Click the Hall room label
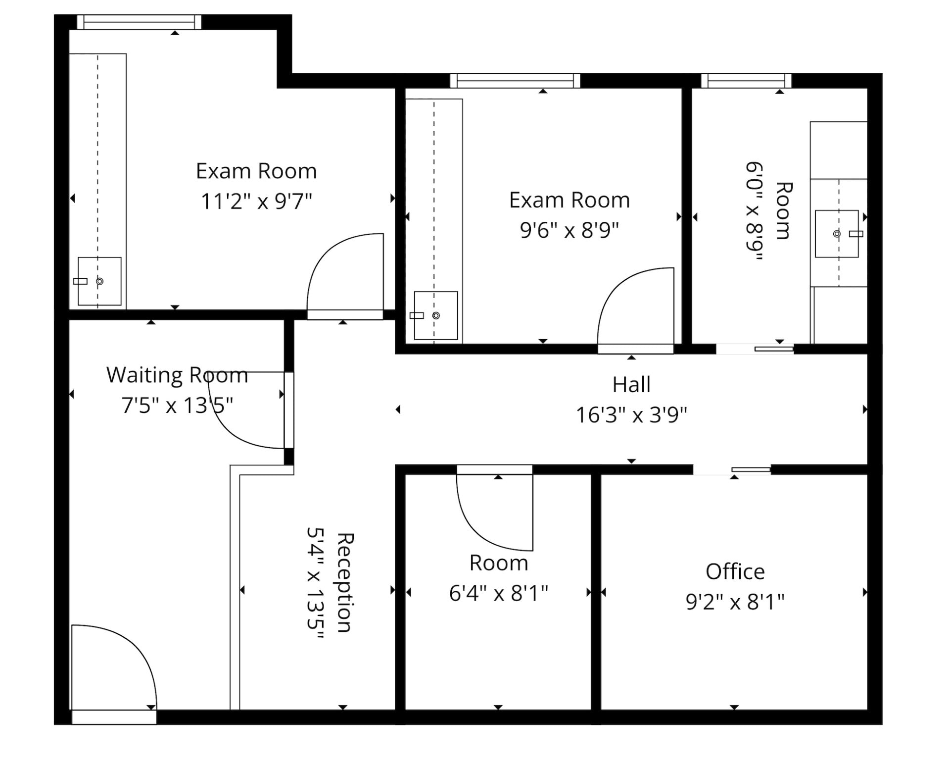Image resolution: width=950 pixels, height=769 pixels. (631, 385)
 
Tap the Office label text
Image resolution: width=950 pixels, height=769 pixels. (735, 572)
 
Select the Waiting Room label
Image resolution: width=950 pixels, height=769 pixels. (177, 375)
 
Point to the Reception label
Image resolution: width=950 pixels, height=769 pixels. (345, 583)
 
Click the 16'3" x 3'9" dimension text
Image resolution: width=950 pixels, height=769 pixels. (631, 415)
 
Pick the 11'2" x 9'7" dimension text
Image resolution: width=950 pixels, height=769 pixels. (256, 202)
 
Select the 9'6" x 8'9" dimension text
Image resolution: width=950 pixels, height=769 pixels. (570, 230)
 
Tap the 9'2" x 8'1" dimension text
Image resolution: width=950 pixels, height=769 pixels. (735, 602)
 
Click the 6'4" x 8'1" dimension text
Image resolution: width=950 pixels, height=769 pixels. (499, 593)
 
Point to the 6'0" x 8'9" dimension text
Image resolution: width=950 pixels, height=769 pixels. (755, 210)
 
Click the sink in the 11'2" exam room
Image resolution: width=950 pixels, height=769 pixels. (99, 281)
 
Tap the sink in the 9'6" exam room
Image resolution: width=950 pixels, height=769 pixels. (435, 315)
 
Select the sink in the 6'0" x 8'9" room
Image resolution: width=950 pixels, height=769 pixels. (837, 234)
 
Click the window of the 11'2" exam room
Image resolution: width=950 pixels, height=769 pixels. (139, 22)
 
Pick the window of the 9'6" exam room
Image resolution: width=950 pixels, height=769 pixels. (515, 81)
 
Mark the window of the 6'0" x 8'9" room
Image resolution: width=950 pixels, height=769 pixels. (746, 81)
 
